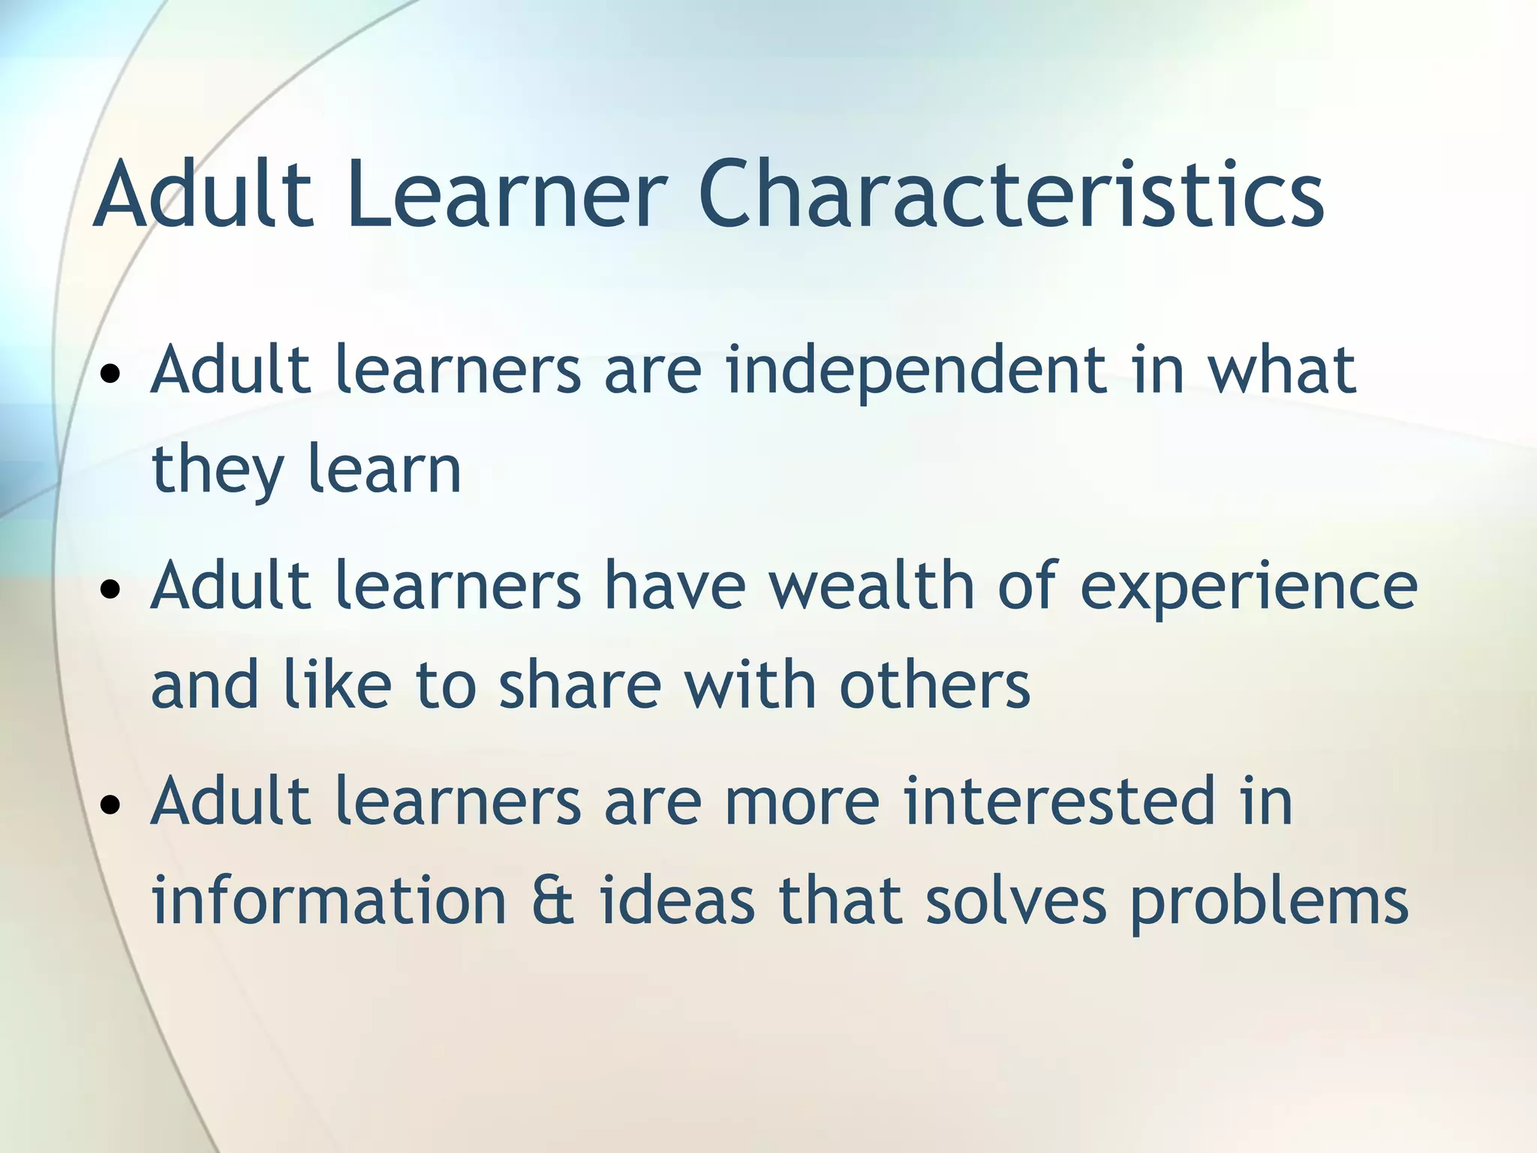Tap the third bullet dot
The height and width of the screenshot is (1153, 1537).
[x=111, y=805]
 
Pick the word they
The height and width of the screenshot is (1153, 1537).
[x=218, y=470]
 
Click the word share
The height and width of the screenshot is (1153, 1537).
[x=580, y=685]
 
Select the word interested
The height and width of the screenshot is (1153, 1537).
[x=1059, y=802]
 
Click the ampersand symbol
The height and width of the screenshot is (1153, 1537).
[x=553, y=900]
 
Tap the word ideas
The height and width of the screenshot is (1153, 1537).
[x=677, y=900]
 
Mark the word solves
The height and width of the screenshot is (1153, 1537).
[x=1015, y=900]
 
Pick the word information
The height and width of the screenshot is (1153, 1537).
[x=329, y=900]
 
